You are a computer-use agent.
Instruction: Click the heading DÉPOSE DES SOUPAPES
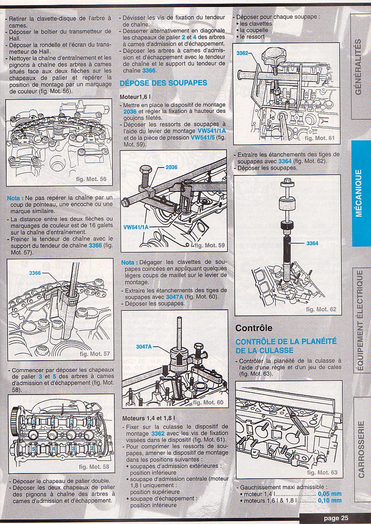[164, 83]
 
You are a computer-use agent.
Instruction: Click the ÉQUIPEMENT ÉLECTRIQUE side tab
[360, 321]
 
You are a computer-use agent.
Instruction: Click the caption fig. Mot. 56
[91, 179]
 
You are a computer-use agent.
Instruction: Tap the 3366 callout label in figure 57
[35, 273]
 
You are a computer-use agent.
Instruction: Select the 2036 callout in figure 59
[171, 167]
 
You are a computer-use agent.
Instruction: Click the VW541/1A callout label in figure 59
[136, 227]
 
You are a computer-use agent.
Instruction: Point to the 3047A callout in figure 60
[143, 347]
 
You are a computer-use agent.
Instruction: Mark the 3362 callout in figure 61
[242, 53]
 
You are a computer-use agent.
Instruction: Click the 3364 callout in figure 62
[312, 243]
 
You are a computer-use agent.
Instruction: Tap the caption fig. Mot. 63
[322, 473]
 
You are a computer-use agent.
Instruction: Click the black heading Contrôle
[254, 328]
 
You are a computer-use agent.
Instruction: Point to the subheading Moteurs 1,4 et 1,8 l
[149, 418]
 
